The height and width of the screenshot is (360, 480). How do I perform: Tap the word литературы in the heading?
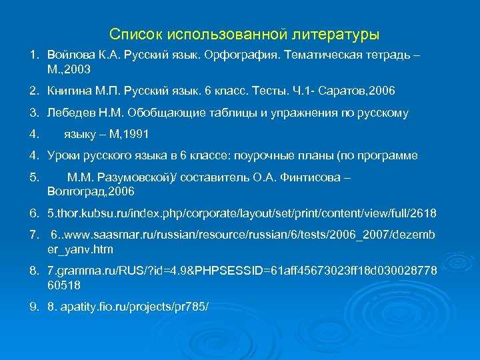[339, 33]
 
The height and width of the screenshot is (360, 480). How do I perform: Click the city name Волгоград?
[76, 191]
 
